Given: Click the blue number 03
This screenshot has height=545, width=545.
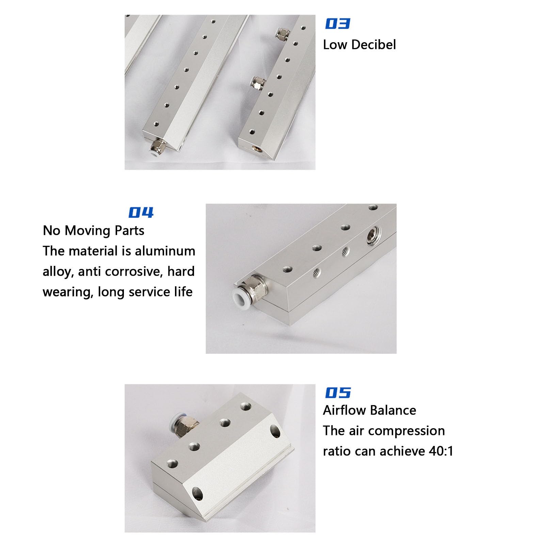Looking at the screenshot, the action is coord(337,23).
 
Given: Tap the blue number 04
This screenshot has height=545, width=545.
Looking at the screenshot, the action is coord(141,212).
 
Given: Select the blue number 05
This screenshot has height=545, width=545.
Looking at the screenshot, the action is coord(338,392).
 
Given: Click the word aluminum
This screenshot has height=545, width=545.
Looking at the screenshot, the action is coord(165,251).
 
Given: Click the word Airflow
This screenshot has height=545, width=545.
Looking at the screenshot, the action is coord(343,410).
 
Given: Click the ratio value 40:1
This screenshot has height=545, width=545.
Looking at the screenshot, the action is coord(441,451).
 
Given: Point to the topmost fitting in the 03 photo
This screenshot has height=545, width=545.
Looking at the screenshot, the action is coord(283,34).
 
